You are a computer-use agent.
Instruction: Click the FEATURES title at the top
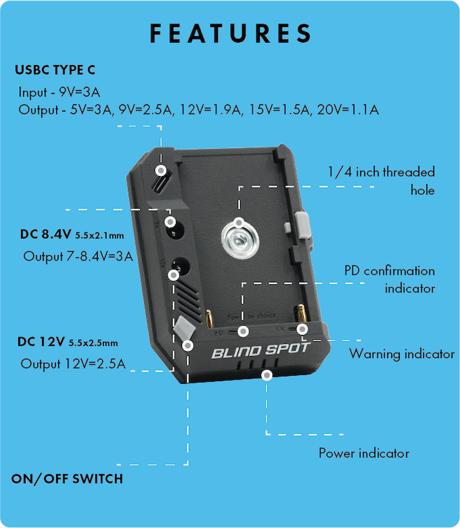pyautogui.click(x=231, y=33)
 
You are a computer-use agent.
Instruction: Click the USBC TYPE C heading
pyautogui.click(x=55, y=70)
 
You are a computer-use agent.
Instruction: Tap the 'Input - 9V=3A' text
pyautogui.click(x=60, y=92)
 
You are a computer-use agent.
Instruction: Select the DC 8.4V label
pyautogui.click(x=46, y=234)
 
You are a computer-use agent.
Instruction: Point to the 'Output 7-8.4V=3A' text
pyautogui.click(x=78, y=257)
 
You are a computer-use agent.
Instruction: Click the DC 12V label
pyautogui.click(x=41, y=342)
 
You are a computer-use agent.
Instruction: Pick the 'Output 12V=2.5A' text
pyautogui.click(x=73, y=364)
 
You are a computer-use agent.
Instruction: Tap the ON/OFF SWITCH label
pyautogui.click(x=67, y=479)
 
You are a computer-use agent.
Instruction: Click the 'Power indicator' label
pyautogui.click(x=364, y=454)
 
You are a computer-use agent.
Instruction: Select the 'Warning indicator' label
pyautogui.click(x=402, y=354)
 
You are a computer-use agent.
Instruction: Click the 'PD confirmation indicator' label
pyautogui.click(x=390, y=280)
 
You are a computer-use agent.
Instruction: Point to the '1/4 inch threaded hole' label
pyautogui.click(x=382, y=181)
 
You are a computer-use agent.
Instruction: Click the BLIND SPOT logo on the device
pyautogui.click(x=261, y=351)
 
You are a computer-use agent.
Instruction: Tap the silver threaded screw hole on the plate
pyautogui.click(x=240, y=240)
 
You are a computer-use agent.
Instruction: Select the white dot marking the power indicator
pyautogui.click(x=267, y=375)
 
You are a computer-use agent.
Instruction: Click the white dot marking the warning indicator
pyautogui.click(x=302, y=329)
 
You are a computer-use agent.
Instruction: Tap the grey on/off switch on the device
pyautogui.click(x=185, y=329)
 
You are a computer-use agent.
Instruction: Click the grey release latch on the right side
pyautogui.click(x=302, y=225)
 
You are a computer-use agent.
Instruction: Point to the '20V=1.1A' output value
pyautogui.click(x=348, y=110)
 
